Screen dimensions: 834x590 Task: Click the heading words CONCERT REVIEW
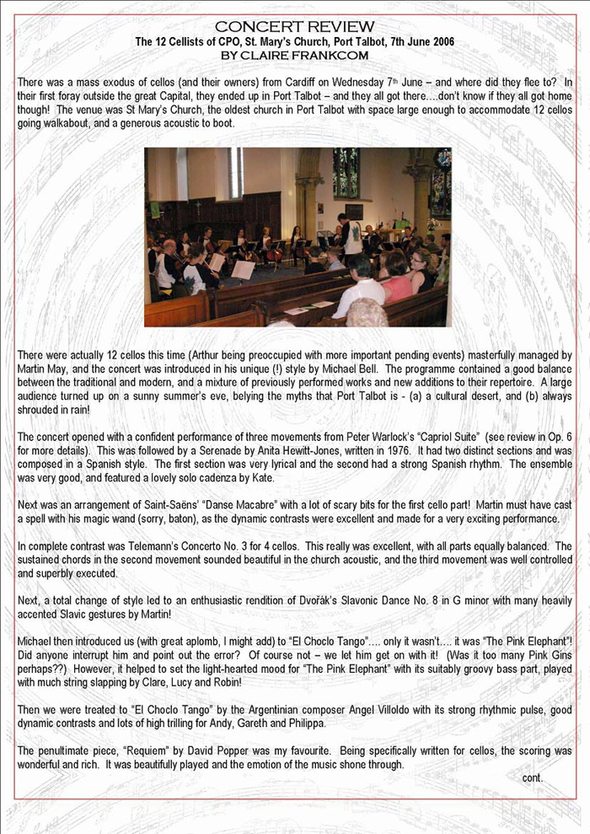[x=295, y=27]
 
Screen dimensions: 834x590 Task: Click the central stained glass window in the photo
[x=345, y=173]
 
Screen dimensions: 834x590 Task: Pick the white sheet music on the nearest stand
[x=243, y=270]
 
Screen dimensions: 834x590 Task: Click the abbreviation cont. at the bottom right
[x=533, y=778]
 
